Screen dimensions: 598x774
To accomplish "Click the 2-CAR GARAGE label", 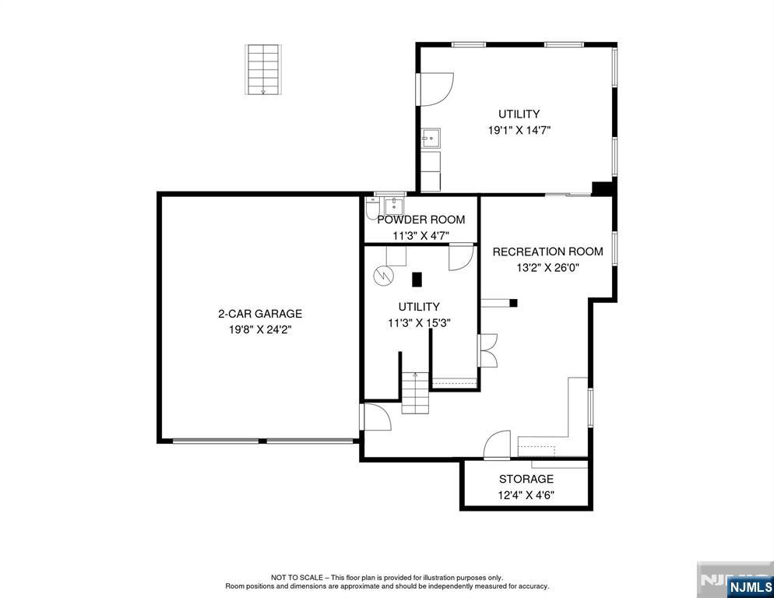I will pos(259,314).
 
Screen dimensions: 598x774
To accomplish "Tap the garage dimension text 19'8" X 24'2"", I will pos(259,329).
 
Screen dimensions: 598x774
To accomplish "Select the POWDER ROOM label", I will pos(420,220).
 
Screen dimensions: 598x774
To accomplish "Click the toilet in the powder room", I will pos(373,209).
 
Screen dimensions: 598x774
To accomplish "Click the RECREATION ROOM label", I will pos(547,252).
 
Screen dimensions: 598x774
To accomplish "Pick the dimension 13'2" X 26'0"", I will pos(547,267).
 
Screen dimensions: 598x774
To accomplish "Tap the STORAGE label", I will pos(526,479).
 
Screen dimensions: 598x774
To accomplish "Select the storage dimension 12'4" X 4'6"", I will pos(526,494).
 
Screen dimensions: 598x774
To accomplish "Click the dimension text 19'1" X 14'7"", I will pos(519,131).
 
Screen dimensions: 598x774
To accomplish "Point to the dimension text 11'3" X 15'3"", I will pos(419,322).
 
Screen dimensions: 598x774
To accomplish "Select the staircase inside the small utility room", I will pos(415,393).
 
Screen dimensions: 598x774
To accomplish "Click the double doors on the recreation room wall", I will pos(487,350).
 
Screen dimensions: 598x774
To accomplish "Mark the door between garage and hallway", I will pos(375,417).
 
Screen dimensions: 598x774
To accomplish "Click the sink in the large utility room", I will pos(431,139).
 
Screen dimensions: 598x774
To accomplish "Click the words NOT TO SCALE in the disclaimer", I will pos(298,578).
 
